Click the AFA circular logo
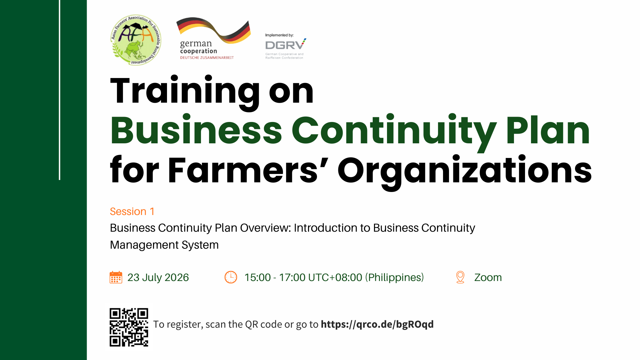pos(136,40)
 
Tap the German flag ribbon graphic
pos(214,30)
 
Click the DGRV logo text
pos(285,45)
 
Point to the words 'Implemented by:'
pos(279,35)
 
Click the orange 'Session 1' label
pos(132,211)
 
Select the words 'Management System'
pos(164,245)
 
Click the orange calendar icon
pos(116,277)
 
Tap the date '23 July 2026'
pos(158,277)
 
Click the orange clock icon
pos(231,277)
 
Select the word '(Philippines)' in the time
pos(395,277)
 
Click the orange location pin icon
pos(460,277)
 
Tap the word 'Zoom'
pos(488,277)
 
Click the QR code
pos(129,327)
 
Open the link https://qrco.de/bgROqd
pos(377,324)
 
